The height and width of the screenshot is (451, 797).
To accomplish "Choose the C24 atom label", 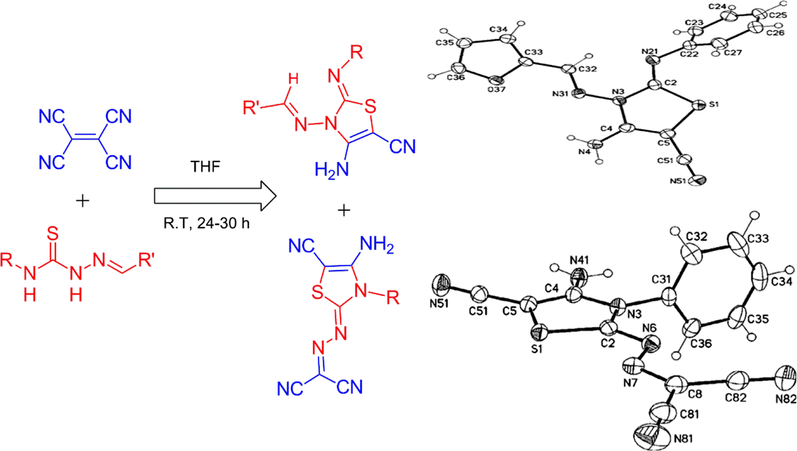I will [716, 7].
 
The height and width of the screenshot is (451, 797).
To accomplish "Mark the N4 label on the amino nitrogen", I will [585, 153].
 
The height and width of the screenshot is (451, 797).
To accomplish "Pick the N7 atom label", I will [632, 381].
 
